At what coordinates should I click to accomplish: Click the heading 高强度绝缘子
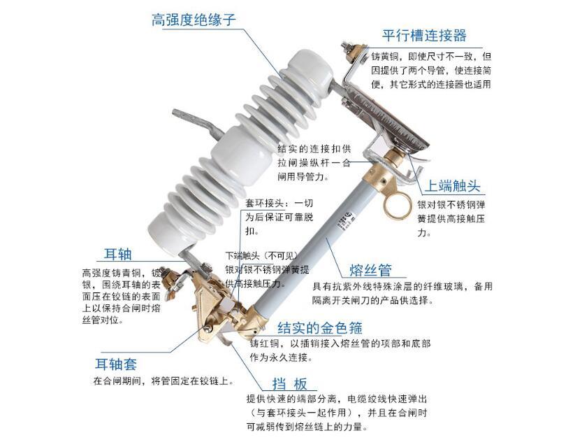tap(194, 20)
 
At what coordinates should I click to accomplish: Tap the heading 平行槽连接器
tap(424, 36)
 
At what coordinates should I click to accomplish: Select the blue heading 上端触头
tap(452, 186)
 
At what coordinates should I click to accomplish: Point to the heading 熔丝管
tap(370, 270)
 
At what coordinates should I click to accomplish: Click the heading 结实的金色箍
tap(320, 327)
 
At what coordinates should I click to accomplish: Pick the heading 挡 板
tap(290, 384)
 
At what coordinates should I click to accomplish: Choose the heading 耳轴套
tap(116, 364)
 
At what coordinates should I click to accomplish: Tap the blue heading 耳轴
tap(117, 254)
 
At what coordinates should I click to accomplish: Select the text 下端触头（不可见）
tap(261, 255)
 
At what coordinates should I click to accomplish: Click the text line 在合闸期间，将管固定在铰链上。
tap(163, 381)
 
